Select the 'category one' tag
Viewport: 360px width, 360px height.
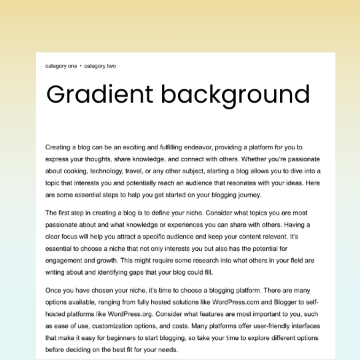[x=61, y=66]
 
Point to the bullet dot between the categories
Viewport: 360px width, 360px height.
[x=81, y=66]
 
